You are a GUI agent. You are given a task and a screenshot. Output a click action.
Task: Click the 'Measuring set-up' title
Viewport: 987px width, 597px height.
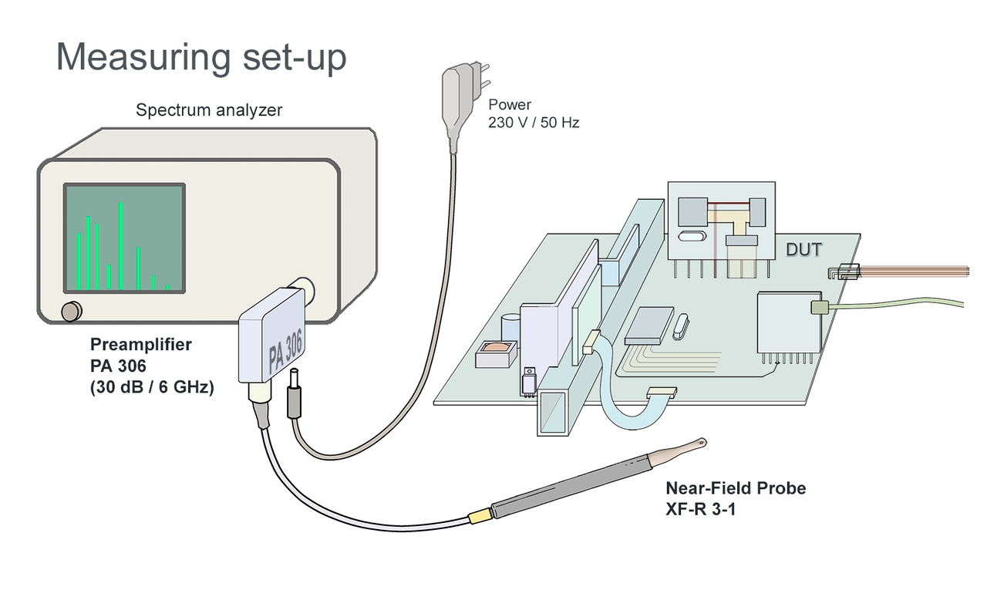pos(201,58)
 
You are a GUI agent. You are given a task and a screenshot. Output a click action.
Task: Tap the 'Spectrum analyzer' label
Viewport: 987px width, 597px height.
pos(209,110)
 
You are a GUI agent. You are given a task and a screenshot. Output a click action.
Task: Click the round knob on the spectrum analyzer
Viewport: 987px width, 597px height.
pos(71,311)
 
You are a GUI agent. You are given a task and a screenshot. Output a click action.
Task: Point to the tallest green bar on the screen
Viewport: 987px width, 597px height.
pos(121,245)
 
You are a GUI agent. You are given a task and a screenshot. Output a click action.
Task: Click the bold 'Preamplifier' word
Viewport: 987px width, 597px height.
pos(141,345)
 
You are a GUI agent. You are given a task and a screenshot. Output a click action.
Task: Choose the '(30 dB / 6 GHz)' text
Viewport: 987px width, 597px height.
pos(151,389)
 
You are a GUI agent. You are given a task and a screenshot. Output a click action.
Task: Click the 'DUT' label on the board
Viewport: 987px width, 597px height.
pos(803,249)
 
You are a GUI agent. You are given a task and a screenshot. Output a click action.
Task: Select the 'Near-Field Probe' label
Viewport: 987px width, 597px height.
pos(736,488)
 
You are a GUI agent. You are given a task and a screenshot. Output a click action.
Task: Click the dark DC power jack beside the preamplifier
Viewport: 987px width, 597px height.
pos(294,396)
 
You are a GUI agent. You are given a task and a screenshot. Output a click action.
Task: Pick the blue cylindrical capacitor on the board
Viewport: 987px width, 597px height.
pos(510,327)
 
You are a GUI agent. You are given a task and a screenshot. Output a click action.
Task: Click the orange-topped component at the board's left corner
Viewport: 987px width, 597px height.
pos(496,354)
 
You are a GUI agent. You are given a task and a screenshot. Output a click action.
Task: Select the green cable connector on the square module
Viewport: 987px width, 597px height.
pos(819,308)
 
